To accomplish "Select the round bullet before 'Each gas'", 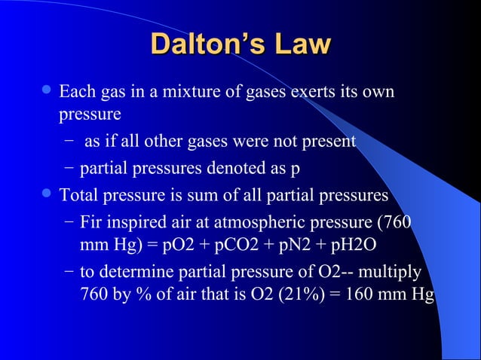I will click(x=47, y=93).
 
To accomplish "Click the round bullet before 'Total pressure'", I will click(x=47, y=194).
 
